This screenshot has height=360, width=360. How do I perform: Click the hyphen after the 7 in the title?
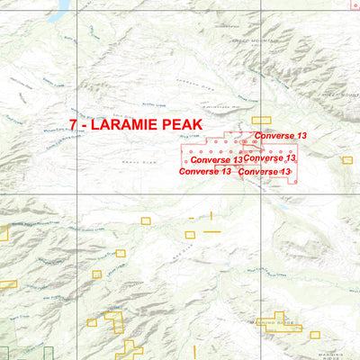(84, 125)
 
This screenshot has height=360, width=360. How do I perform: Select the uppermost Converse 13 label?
(280, 136)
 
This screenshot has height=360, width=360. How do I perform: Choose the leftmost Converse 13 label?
(205, 171)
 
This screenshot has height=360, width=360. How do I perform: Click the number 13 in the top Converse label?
(301, 136)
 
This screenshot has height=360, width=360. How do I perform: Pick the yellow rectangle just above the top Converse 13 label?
(261, 120)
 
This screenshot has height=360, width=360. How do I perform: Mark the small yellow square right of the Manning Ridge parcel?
(314, 335)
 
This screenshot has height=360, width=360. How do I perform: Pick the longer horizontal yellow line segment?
(212, 232)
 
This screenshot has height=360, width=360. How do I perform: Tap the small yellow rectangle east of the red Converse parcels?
(346, 160)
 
